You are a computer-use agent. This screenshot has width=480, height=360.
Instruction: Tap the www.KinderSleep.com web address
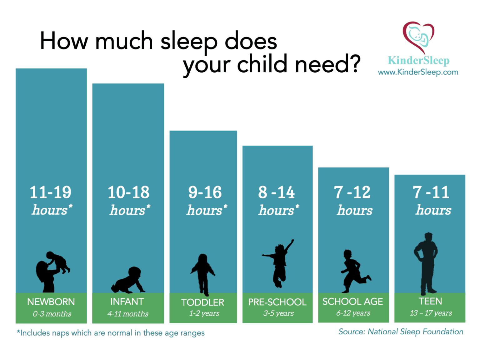(x=418, y=72)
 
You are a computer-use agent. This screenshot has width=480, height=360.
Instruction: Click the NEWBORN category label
(x=51, y=302)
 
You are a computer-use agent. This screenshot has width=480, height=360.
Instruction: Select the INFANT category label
(x=127, y=302)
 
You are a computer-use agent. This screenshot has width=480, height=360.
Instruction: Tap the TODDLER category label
(x=202, y=302)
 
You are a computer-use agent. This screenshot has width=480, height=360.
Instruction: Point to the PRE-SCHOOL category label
(x=277, y=302)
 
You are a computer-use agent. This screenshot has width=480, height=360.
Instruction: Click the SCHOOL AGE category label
(x=352, y=302)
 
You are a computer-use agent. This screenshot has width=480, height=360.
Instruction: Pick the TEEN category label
(x=430, y=301)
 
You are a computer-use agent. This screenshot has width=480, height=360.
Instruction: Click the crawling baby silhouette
(x=128, y=280)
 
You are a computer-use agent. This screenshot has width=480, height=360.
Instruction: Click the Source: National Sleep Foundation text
(x=401, y=332)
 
